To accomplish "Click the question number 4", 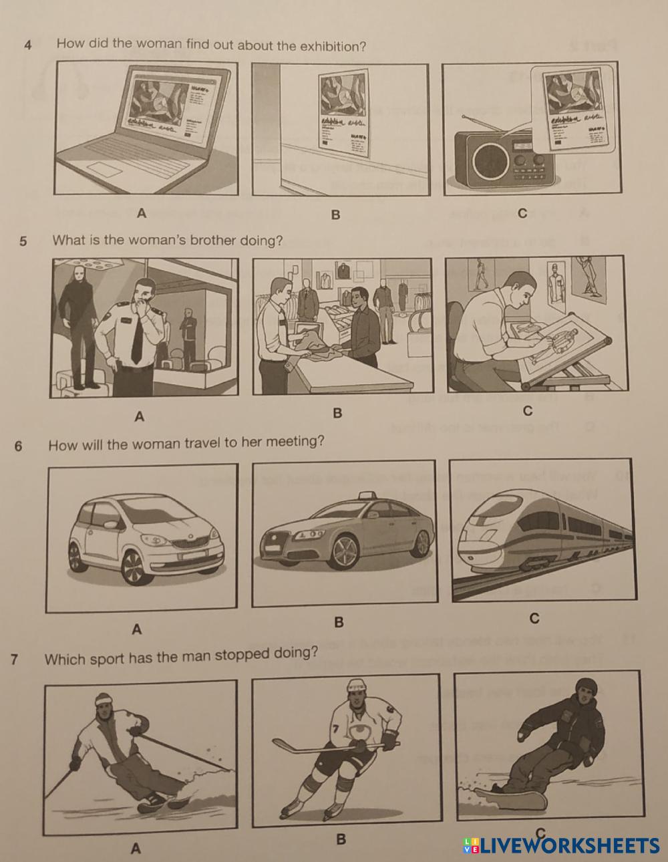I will tap(27, 46).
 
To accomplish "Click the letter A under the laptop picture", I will tap(140, 214).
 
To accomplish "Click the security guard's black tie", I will tap(137, 340).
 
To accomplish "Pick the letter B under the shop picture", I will tap(337, 414).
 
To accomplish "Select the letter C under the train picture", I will tap(534, 619).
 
